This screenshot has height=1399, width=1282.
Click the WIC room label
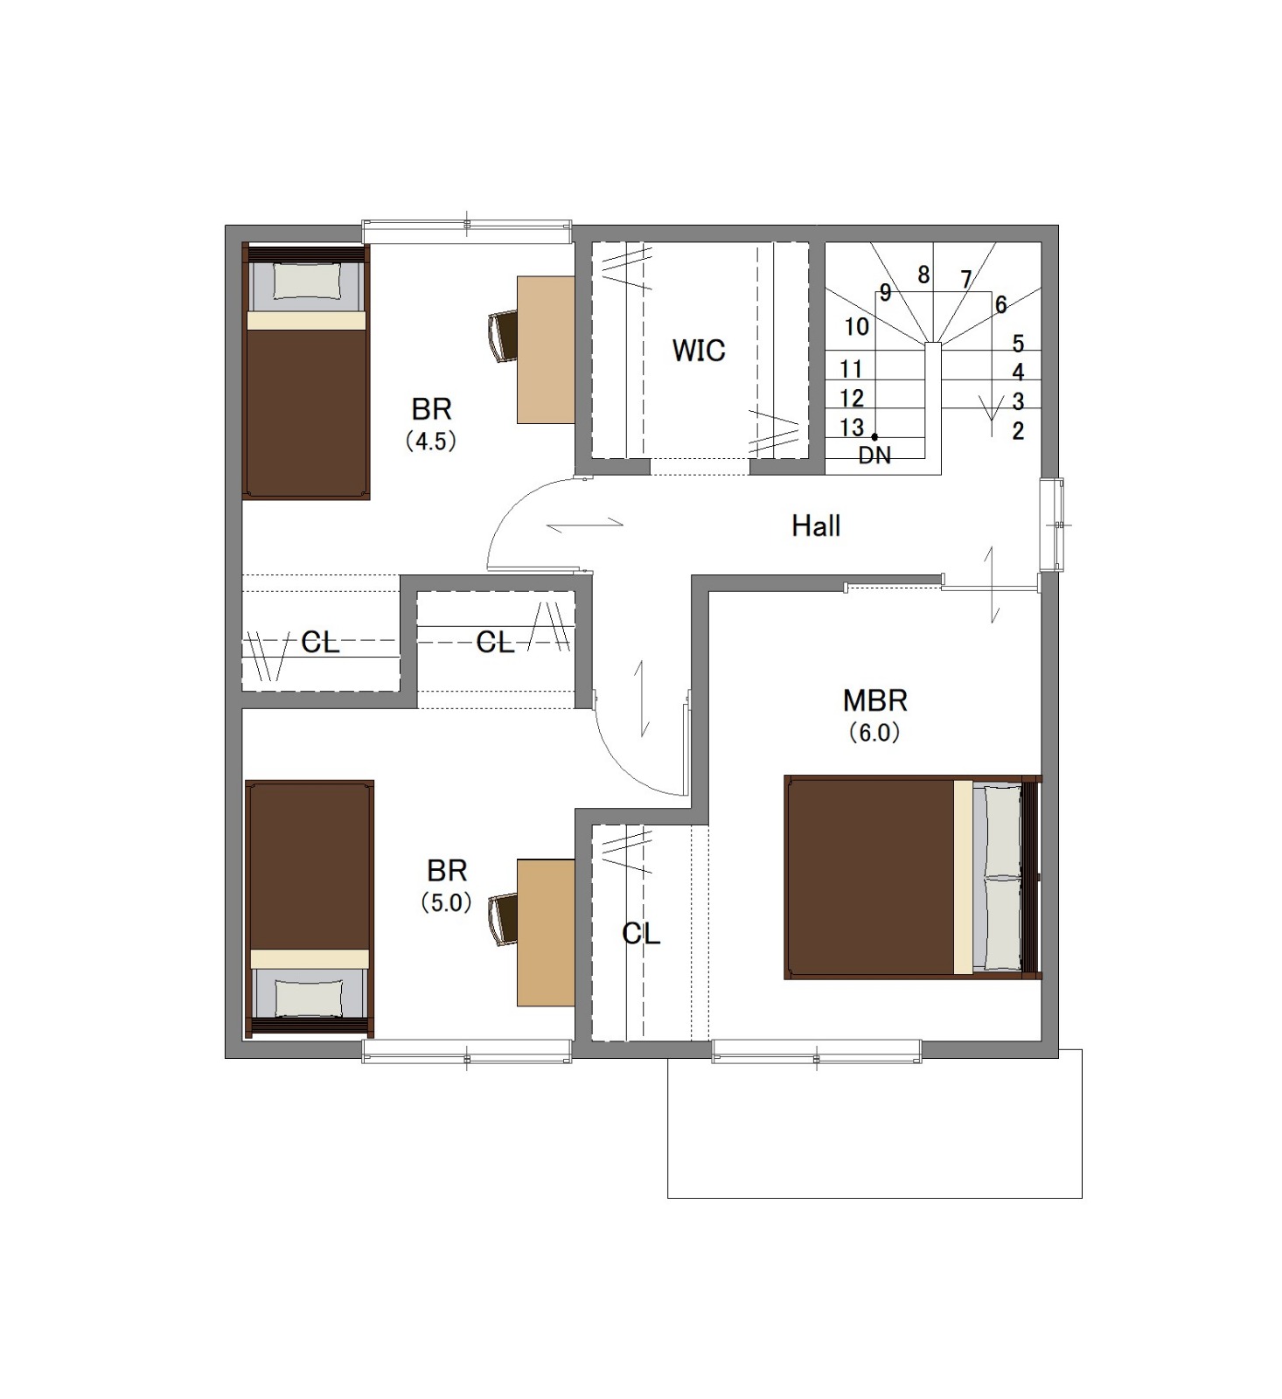tap(698, 350)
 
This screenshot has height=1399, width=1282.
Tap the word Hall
tap(816, 525)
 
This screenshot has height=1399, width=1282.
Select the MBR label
tap(874, 700)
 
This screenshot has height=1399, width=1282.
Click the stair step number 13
tap(852, 428)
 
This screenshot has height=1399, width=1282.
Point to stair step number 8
tap(923, 275)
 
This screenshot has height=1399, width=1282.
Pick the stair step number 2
tap(1018, 430)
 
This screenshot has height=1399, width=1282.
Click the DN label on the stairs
tap(874, 455)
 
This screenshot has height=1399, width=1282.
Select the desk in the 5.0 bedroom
tap(546, 932)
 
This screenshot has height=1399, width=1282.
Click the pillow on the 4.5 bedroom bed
tap(306, 282)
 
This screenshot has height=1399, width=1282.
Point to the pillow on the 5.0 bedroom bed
tap(309, 997)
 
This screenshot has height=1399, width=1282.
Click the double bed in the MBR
tap(912, 876)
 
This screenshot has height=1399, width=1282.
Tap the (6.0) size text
tap(874, 733)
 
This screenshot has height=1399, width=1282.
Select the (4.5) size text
tap(430, 441)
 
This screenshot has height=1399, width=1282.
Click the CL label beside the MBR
tap(641, 934)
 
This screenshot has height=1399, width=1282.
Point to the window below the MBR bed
tap(816, 1051)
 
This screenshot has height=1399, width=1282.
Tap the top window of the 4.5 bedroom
tap(467, 230)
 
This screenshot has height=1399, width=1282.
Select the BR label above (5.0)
tap(447, 871)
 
